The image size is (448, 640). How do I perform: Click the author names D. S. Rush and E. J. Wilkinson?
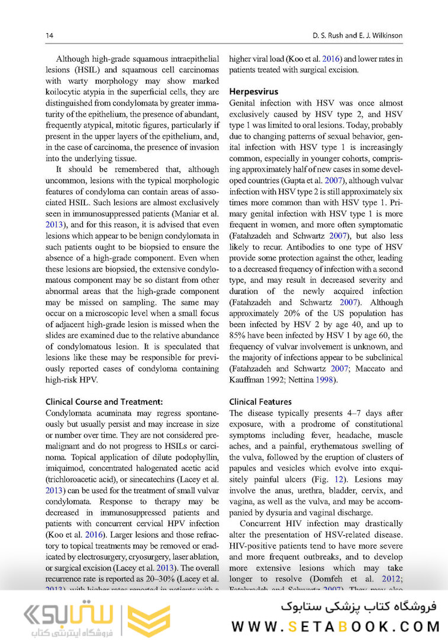(x=357, y=36)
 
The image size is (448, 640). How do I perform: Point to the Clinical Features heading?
(x=260, y=401)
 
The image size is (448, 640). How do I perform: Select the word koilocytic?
(x=64, y=92)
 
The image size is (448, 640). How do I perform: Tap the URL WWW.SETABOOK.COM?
(x=335, y=627)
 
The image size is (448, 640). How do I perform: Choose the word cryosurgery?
(x=123, y=556)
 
